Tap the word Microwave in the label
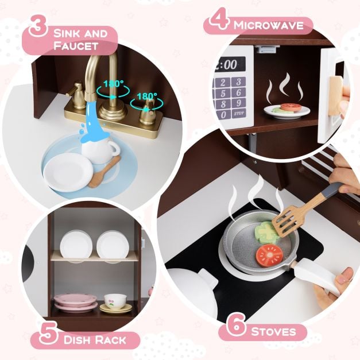pos(272,25)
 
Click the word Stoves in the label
pos(273,331)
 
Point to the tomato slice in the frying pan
pos(269,254)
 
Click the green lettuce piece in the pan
pos(266,231)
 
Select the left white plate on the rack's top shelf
pos(76,245)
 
